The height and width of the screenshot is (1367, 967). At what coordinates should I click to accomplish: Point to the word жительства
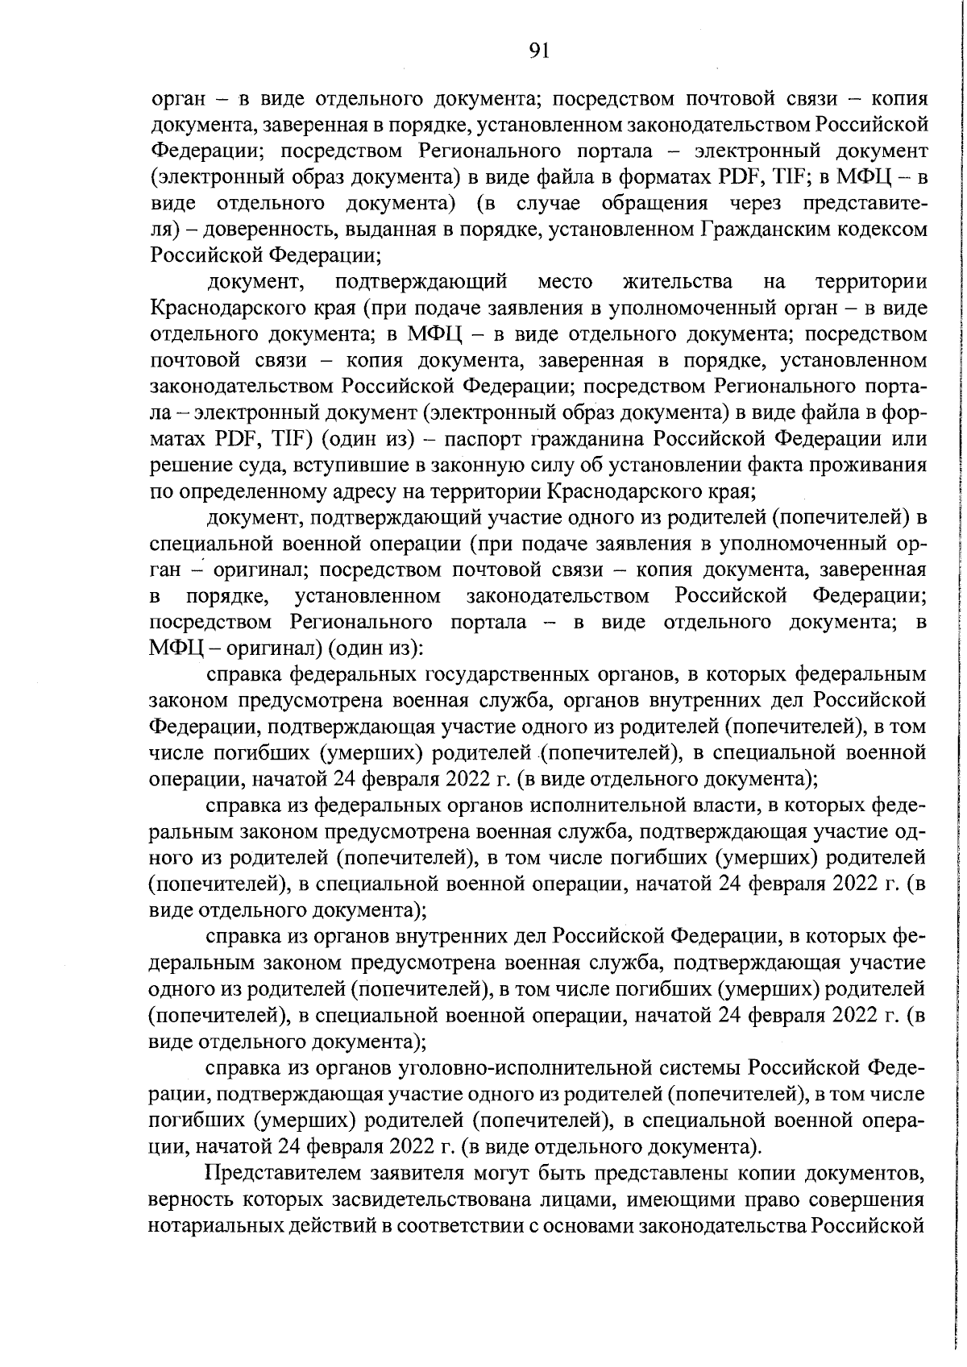(x=678, y=282)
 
